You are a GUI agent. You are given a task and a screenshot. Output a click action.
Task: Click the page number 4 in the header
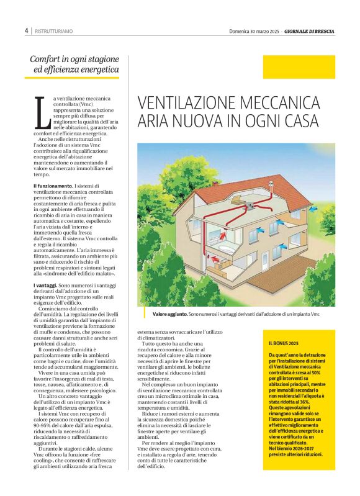click(27, 30)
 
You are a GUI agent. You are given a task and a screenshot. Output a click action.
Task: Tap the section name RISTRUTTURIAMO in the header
click(54, 30)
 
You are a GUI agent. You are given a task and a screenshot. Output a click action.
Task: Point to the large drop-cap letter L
click(42, 113)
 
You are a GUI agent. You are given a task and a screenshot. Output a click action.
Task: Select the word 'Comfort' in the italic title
click(48, 60)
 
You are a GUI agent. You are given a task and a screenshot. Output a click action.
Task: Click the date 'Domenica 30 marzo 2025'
click(255, 30)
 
